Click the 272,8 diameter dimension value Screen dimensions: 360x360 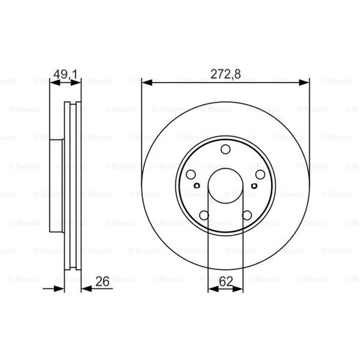coord(225,74)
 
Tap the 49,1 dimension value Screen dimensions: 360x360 coord(65,74)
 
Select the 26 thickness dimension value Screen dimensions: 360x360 coord(103,282)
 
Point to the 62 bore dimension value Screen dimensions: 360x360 coord(226,282)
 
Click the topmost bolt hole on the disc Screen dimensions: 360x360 coord(225,149)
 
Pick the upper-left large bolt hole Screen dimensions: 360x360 coord(191,175)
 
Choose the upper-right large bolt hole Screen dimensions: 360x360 coord(261,175)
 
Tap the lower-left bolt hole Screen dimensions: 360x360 coord(204,216)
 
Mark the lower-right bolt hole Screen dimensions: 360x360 coord(247,216)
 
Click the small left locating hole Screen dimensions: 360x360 coord(197,185)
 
